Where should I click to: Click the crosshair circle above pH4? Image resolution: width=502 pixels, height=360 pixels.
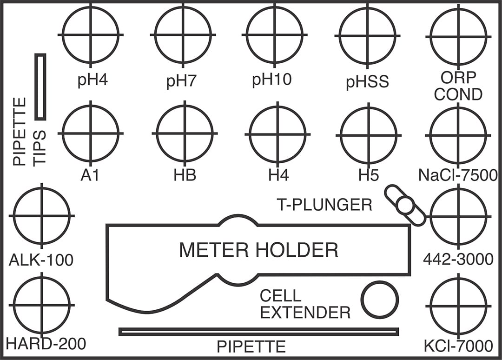pyautogui.click(x=91, y=34)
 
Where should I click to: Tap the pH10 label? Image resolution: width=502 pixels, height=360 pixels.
pyautogui.click(x=272, y=80)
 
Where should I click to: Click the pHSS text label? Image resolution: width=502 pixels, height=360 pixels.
pyautogui.click(x=367, y=82)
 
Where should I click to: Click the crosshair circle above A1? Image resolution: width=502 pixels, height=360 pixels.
pyautogui.click(x=91, y=133)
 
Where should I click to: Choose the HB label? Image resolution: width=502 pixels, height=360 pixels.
pyautogui.click(x=185, y=175)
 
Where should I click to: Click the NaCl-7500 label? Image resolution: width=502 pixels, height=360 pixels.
pyautogui.click(x=458, y=175)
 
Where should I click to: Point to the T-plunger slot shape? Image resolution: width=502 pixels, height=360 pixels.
pyautogui.click(x=405, y=205)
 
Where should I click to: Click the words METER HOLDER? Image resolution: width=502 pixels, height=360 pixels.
pyautogui.click(x=258, y=251)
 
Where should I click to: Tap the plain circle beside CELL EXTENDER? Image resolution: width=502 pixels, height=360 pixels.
pyautogui.click(x=380, y=300)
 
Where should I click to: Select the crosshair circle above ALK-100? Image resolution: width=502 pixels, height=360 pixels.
pyautogui.click(x=42, y=215)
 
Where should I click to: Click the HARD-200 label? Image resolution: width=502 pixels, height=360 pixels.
pyautogui.click(x=46, y=344)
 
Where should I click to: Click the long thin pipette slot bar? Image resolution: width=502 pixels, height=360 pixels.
pyautogui.click(x=258, y=332)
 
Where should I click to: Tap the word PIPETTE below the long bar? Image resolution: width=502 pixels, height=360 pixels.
pyautogui.click(x=251, y=347)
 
